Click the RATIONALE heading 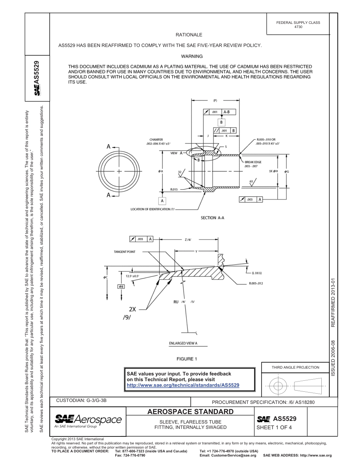189,35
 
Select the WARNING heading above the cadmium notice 192,56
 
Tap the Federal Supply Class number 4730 298,27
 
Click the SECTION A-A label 214,218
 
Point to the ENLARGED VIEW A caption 183,344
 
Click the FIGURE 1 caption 187,359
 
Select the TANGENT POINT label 124,252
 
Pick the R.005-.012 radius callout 256,283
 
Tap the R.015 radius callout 174,189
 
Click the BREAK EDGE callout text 253,162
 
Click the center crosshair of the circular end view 119,171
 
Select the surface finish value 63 251,181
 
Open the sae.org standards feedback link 183,385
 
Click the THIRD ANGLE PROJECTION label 295,367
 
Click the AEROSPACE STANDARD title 190,412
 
